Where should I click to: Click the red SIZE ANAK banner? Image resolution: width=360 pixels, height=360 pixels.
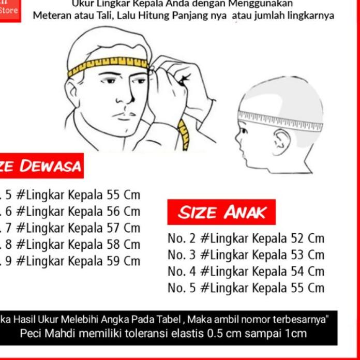pos(221,212)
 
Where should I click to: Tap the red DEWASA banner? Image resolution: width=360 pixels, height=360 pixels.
pos(41,166)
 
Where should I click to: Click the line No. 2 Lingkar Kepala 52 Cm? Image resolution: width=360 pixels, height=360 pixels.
pos(246,238)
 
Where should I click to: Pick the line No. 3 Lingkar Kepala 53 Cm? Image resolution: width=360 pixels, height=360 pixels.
pos(246,255)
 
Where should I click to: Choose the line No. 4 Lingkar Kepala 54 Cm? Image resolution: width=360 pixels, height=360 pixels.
pos(246,272)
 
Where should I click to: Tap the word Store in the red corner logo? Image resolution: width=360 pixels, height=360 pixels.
pos(9,10)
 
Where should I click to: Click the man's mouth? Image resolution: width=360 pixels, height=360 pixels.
pos(124,115)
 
